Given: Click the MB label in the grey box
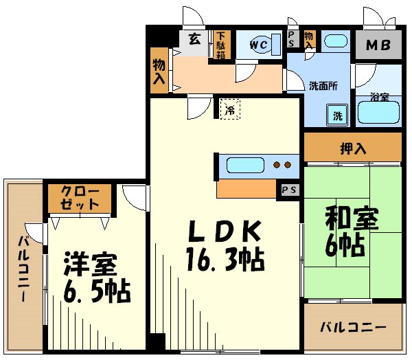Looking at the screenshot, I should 377,46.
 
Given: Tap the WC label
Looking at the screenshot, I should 258,45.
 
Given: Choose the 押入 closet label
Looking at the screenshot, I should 352,147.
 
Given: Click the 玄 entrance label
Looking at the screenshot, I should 195,40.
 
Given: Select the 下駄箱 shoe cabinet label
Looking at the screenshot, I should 220,45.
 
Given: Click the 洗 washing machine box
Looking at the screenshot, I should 338,116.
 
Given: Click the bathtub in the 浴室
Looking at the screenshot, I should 378,113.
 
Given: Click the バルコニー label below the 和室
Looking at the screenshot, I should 353,328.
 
